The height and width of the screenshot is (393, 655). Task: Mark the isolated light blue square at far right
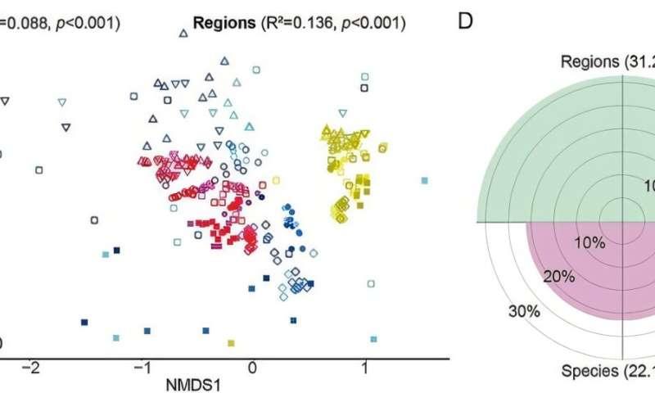pos(424,180)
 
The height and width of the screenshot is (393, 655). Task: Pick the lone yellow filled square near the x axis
pos(232,342)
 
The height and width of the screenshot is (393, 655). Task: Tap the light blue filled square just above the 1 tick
pos(374,338)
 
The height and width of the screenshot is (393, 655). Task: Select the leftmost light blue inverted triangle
pos(61,103)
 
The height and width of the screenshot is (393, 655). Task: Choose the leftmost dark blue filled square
pos(84,322)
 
